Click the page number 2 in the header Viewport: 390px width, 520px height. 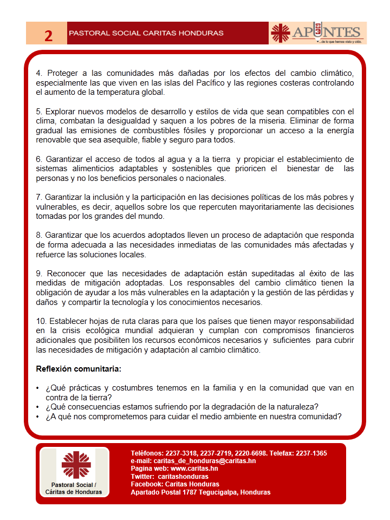click(48, 36)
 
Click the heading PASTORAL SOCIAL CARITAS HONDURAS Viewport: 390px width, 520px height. click(146, 34)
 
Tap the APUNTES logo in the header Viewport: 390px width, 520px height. click(318, 33)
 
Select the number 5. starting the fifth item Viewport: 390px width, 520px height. click(39, 112)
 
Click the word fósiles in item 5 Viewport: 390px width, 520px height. click(215, 131)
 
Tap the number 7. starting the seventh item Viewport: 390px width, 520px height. click(39, 197)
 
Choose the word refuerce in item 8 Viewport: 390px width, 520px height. click(50, 255)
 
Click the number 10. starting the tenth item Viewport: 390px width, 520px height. click(41, 321)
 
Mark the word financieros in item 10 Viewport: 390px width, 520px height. click(331, 330)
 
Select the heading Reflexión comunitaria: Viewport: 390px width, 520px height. click(79, 369)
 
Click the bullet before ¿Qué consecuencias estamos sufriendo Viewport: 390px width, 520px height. click(37, 407)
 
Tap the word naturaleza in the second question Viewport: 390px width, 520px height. click(297, 407)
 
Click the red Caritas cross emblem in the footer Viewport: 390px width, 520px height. click(76, 464)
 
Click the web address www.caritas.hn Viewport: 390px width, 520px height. click(194, 469)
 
